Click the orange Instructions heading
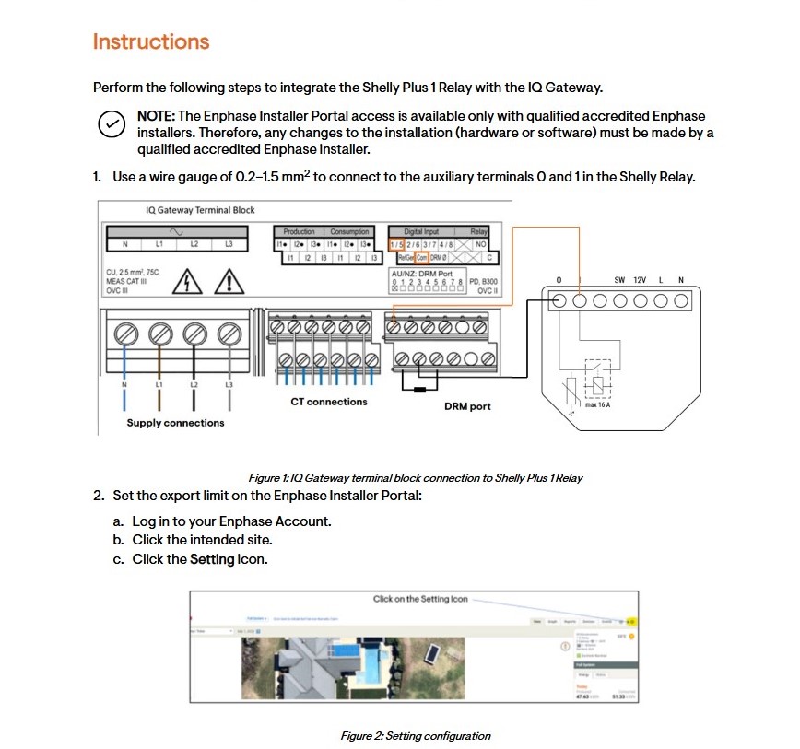coord(151,42)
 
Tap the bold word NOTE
coord(156,116)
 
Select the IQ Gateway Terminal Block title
coord(200,210)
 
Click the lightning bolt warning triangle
coord(188,280)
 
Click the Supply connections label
coord(175,423)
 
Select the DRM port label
coord(467,406)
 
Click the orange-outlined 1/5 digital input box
coord(397,244)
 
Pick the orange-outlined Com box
coord(422,258)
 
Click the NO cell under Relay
coord(480,244)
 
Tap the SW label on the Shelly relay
coord(619,280)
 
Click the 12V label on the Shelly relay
coord(640,280)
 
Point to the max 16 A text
coord(598,404)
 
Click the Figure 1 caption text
coord(416,478)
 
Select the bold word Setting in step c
coord(212,559)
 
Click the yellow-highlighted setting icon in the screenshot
coord(631,621)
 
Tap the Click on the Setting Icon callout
coord(420,599)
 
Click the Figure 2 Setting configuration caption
coord(416,736)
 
